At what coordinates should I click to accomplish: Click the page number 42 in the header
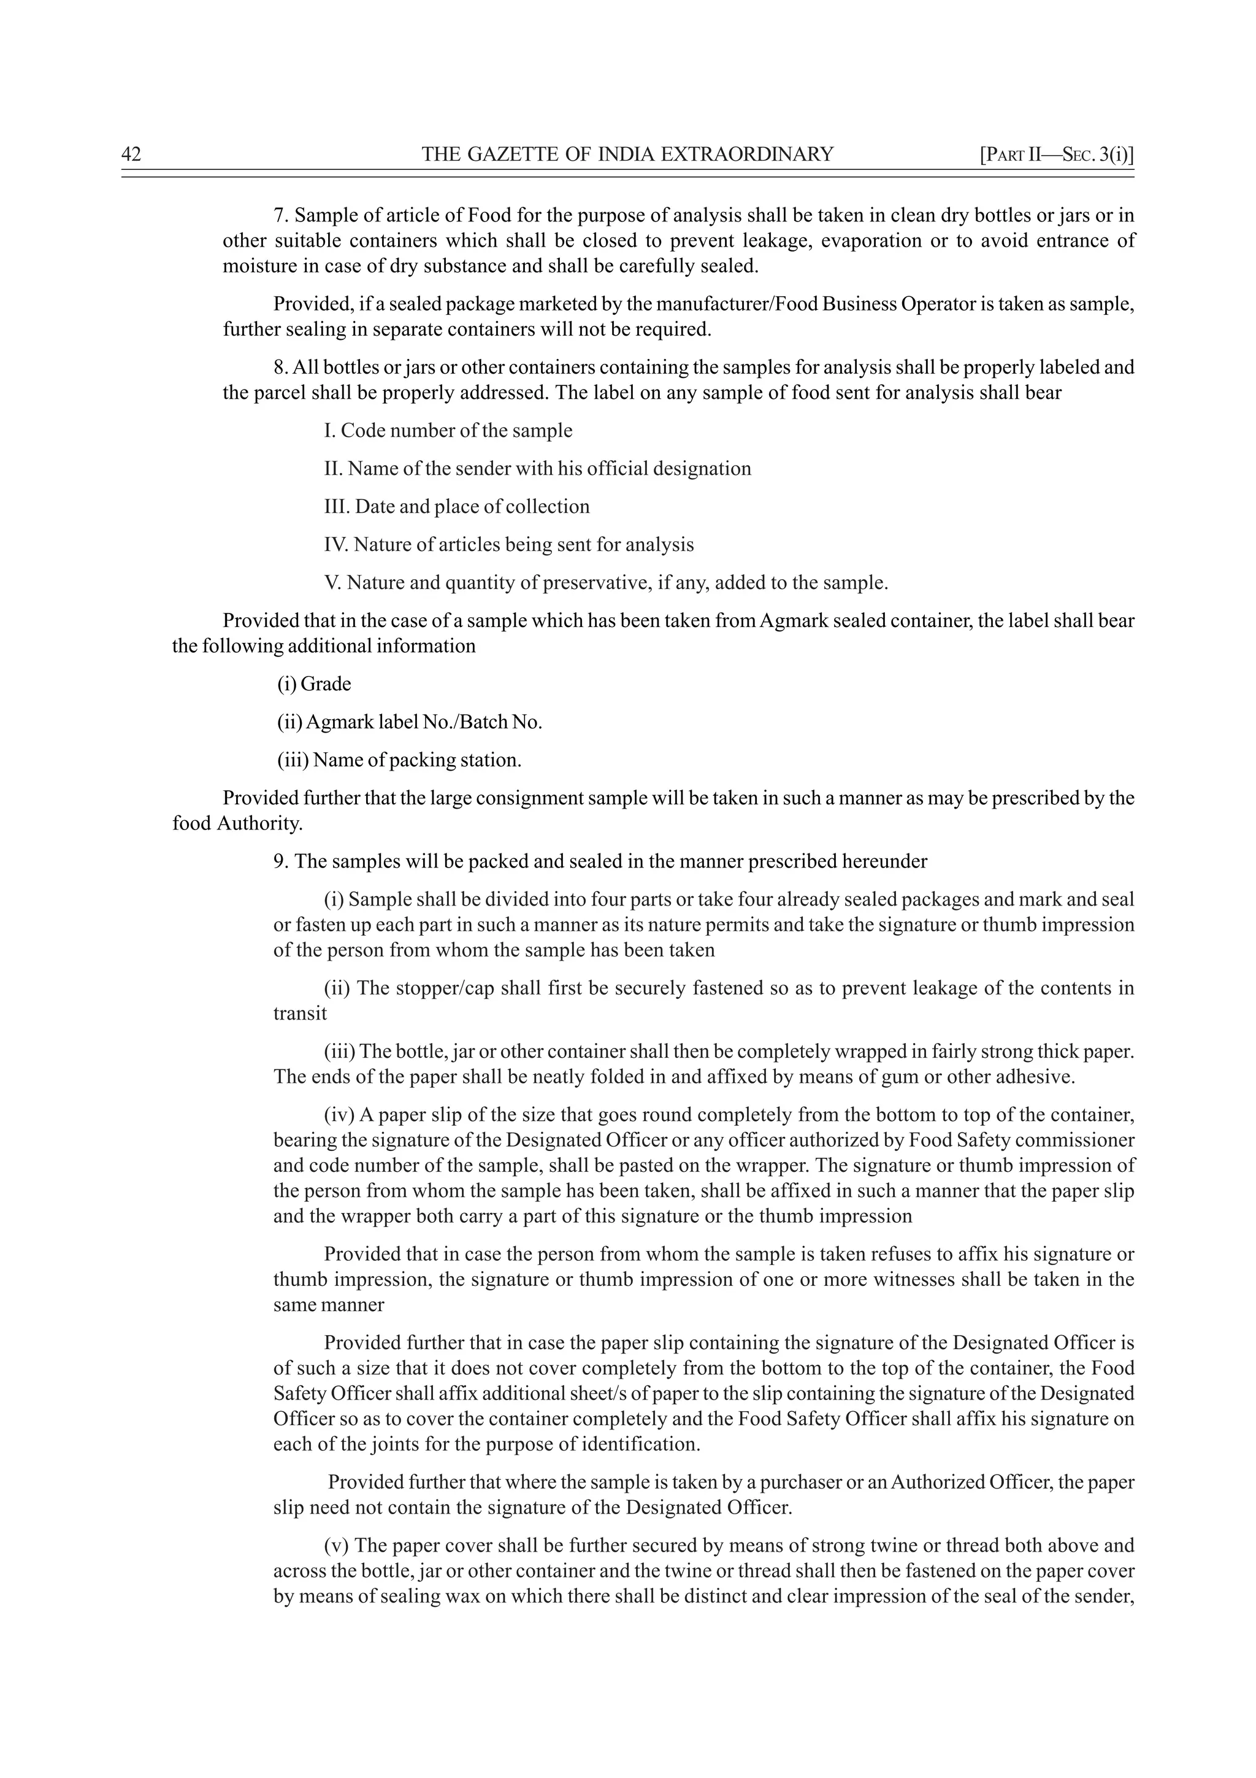coord(132,154)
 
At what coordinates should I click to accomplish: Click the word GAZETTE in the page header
coord(506,154)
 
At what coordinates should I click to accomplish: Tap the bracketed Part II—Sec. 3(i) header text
coord(1056,154)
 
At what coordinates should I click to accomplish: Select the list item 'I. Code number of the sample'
coord(448,431)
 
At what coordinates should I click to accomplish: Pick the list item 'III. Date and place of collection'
coord(456,506)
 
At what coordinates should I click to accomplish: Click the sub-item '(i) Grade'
coord(314,684)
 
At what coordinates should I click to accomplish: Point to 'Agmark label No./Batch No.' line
coord(423,722)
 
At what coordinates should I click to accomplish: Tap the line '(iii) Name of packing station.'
coord(399,760)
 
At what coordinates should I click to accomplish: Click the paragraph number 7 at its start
coord(280,215)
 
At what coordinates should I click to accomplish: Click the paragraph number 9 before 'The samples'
coord(280,861)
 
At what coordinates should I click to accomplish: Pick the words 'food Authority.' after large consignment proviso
coord(237,823)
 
